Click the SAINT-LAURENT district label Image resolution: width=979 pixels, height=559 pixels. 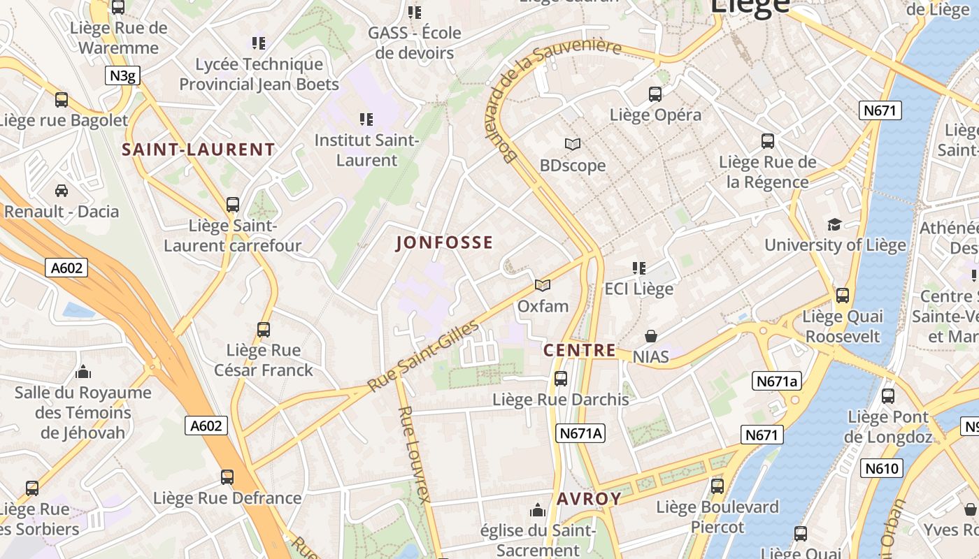(199, 150)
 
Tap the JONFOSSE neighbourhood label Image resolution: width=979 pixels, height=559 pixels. (445, 242)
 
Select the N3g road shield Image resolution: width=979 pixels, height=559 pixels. (122, 75)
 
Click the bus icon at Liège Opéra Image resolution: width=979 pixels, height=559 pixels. (655, 94)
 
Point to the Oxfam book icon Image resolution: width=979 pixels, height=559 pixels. (543, 285)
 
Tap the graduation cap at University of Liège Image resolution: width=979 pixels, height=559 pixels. (834, 224)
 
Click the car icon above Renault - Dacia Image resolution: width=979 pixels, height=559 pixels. (62, 190)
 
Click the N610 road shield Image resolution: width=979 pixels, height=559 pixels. (882, 468)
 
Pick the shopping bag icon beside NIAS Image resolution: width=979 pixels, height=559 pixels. (651, 336)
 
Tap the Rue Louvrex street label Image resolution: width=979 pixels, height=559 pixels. (414, 454)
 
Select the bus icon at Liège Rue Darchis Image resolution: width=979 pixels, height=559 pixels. (561, 379)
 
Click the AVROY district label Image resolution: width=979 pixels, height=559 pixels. (589, 498)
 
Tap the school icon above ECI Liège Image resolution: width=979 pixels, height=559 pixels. (638, 268)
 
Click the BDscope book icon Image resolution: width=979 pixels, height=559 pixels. (573, 144)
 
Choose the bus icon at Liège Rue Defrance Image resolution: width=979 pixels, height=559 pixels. (227, 477)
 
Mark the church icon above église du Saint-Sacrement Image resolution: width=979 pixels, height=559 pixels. (538, 509)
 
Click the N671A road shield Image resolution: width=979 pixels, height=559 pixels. (581, 433)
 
